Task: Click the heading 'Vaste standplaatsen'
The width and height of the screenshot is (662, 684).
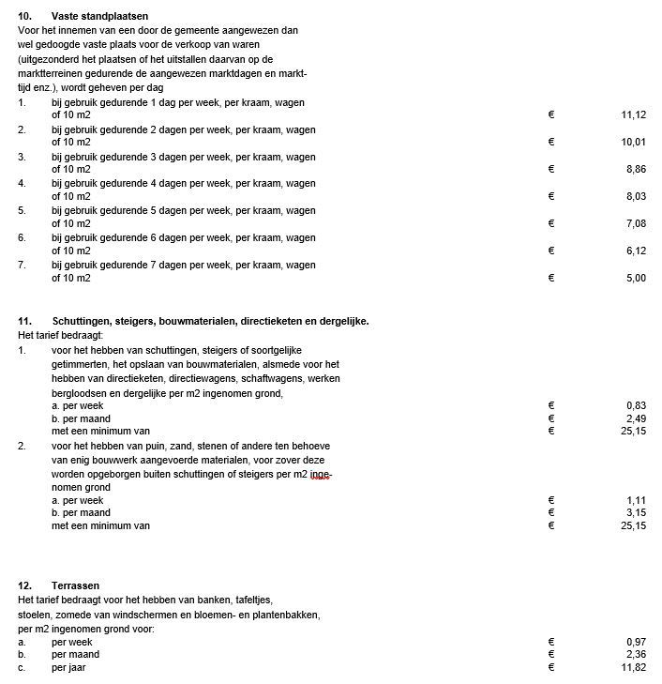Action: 100,17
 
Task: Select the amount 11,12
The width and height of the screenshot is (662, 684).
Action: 633,114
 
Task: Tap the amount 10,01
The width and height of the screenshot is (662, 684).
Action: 633,143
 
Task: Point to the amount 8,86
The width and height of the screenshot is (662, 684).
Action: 635,170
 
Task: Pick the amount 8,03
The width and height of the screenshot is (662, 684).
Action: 635,197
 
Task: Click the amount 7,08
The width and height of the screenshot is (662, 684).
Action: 635,224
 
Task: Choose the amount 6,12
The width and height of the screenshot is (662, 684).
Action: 635,251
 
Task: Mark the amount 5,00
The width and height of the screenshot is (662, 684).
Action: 635,279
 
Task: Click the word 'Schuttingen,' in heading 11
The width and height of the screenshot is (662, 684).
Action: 84,321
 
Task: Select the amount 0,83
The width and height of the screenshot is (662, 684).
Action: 635,405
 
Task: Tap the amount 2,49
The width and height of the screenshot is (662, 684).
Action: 635,418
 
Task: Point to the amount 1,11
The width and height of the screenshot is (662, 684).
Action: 635,500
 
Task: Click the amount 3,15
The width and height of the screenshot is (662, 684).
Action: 635,513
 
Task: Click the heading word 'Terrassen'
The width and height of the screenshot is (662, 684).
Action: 76,585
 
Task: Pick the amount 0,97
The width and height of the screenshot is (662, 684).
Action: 635,641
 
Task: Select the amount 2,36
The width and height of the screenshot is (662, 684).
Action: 635,654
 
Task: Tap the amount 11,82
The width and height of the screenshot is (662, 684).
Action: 633,668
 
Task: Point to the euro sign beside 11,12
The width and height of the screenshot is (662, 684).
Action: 551,114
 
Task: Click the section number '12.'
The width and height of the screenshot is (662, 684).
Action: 25,585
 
